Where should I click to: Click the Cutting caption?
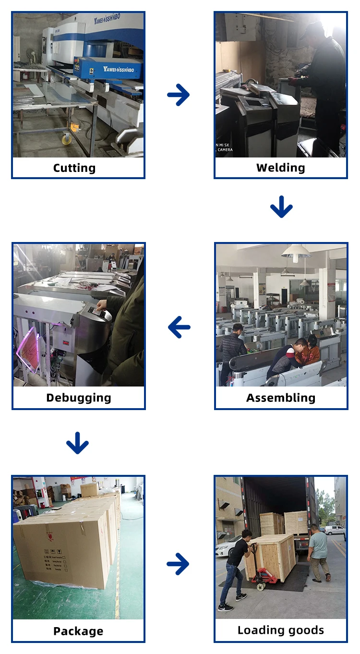(x=74, y=168)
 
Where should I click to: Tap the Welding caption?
(x=280, y=168)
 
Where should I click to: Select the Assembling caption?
(x=281, y=398)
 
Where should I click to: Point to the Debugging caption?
(x=79, y=398)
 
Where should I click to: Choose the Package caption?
(x=78, y=631)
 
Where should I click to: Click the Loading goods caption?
(x=281, y=630)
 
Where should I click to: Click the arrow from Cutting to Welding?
(x=179, y=95)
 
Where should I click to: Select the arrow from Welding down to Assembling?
(x=281, y=207)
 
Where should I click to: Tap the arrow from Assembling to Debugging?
(x=180, y=328)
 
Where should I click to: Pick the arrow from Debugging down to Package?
(x=77, y=443)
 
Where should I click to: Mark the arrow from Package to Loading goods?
(x=178, y=564)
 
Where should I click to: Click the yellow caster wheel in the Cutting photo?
(x=65, y=139)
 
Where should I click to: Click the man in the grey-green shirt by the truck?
(x=318, y=552)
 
